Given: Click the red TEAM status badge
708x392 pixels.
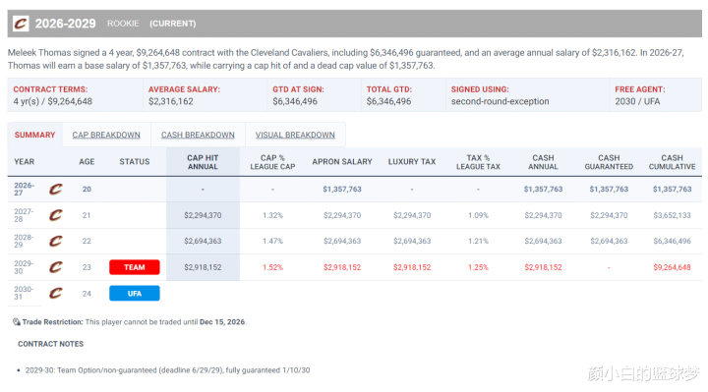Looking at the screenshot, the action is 135,267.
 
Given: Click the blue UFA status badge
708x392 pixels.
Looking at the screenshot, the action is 135,293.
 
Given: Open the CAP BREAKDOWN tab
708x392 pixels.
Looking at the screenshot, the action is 106,135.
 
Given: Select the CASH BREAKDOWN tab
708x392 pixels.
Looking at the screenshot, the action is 198,135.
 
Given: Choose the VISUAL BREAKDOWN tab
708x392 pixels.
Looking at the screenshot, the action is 295,135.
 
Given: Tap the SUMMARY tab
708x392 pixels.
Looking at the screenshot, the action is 34,135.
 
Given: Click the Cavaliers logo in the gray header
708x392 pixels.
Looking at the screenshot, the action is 21,24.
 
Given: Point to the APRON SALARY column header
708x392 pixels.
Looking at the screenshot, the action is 342,161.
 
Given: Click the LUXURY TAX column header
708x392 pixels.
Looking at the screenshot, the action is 412,161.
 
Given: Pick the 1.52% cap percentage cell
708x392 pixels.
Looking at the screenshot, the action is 272,267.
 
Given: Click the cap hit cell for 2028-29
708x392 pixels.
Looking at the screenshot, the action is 203,241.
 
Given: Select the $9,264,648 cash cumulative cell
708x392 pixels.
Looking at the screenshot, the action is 672,267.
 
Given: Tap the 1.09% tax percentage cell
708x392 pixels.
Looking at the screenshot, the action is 478,215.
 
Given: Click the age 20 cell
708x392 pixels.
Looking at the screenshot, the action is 87,189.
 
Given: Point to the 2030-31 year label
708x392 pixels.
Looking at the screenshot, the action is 24,293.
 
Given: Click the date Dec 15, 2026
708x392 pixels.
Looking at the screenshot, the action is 222,322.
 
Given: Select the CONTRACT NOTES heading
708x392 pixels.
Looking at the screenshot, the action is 50,344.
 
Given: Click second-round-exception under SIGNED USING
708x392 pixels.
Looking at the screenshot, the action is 500,101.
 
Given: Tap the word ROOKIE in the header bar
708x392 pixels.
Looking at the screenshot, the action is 123,24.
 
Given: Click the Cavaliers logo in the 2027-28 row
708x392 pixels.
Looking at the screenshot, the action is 55,215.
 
